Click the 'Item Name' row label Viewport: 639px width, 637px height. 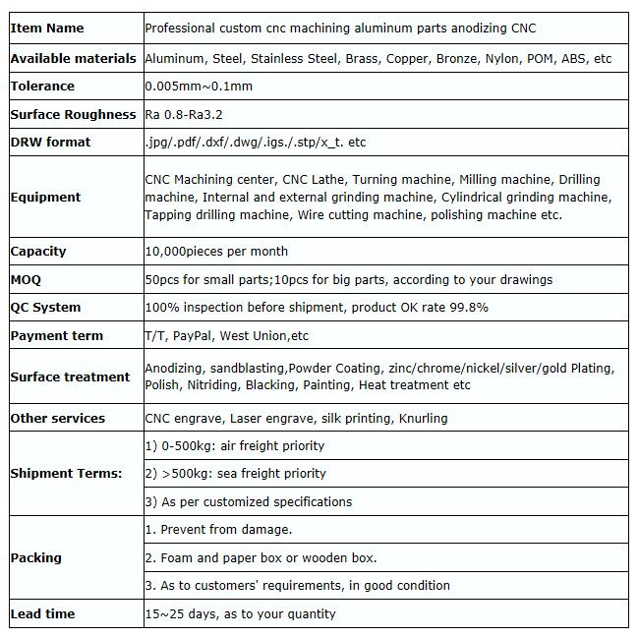(46, 29)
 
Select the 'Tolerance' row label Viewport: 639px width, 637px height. (42, 87)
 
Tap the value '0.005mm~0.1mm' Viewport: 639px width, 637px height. (199, 87)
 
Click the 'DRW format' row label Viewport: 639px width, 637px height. (50, 143)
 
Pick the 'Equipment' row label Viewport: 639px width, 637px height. (45, 198)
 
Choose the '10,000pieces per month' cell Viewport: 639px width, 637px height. (216, 252)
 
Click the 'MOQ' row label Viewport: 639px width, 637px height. (26, 280)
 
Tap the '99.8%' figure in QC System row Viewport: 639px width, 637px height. (468, 308)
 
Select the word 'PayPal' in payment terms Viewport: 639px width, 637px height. (192, 336)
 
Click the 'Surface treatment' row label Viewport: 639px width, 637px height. (70, 377)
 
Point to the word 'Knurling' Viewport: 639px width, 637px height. (423, 419)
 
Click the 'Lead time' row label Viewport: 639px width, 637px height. (42, 614)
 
